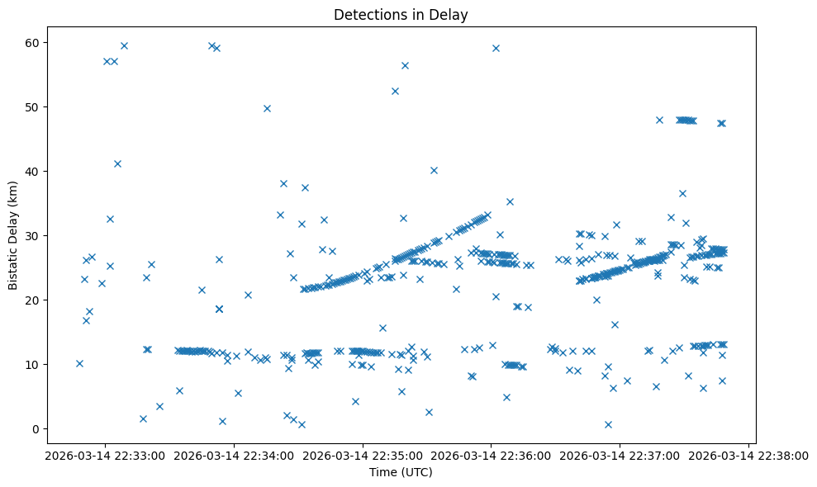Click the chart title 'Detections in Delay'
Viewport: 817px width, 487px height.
pos(400,14)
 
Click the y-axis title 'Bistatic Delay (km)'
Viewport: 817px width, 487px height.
pos(13,234)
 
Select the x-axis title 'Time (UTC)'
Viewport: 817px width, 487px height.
pos(400,472)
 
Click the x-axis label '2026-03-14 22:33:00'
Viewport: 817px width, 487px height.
pos(104,455)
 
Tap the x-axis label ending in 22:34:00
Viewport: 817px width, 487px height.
pos(233,455)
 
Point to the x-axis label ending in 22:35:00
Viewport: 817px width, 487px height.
pos(362,455)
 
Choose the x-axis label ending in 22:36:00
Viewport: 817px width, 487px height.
pos(491,455)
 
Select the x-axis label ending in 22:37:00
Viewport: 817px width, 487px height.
pos(620,455)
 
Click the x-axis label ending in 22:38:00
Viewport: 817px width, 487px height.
pos(748,455)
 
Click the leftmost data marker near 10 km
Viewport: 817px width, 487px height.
pos(79,363)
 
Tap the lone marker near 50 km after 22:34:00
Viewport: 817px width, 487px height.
pos(267,108)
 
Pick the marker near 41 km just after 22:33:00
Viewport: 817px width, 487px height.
pos(117,163)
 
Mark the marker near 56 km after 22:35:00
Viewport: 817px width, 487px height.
pos(405,65)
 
